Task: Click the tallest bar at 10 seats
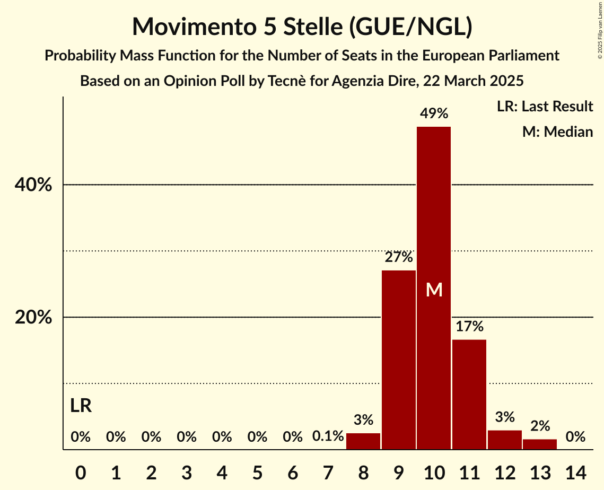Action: point(434,212)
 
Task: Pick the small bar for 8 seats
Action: point(363,441)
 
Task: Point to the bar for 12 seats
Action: point(504,440)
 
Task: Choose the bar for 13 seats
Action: point(540,444)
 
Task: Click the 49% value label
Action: point(434,113)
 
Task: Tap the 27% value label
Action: point(398,257)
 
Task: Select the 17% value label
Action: point(469,326)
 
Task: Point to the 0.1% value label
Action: point(328,437)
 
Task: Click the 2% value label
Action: point(540,426)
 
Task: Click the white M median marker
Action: point(434,290)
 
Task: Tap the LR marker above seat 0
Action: point(81,406)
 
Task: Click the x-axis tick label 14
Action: point(575,471)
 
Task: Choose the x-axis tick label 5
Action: point(257,471)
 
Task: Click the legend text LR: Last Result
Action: point(545,107)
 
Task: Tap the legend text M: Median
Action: point(557,132)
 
